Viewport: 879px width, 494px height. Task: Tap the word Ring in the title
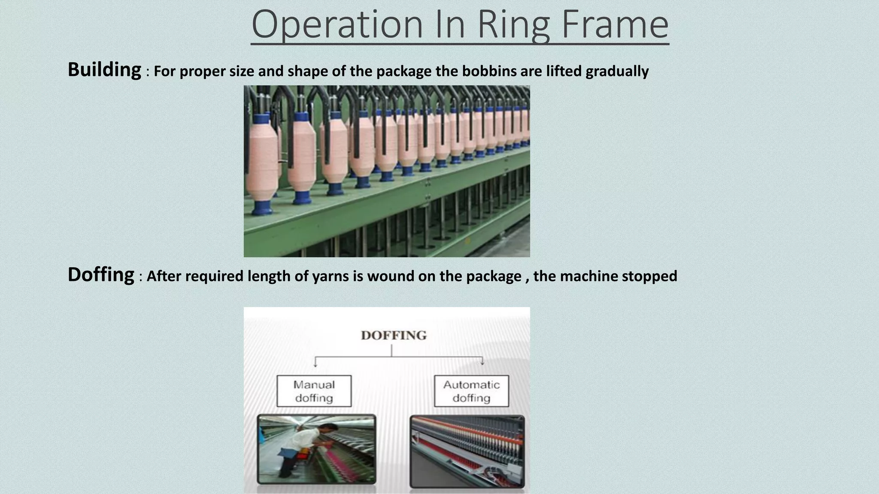[x=513, y=25]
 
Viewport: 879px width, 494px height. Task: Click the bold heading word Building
[x=104, y=69]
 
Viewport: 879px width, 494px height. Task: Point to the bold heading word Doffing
[x=101, y=274]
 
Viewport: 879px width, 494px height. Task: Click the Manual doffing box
[x=314, y=391]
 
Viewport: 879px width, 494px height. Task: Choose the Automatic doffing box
[x=471, y=391]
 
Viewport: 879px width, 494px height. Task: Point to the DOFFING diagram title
[x=394, y=335]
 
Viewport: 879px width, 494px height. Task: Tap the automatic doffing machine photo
[x=467, y=451]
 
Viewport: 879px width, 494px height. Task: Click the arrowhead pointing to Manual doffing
[x=315, y=364]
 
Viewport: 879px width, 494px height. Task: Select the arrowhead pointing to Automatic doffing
[x=482, y=363]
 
